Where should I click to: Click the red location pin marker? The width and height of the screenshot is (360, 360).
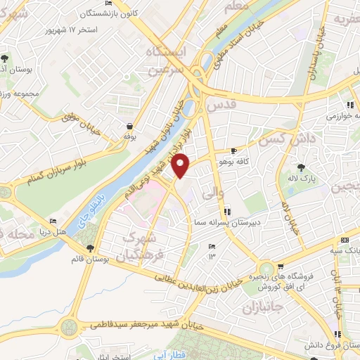181,166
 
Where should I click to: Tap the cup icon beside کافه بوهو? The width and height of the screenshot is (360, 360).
234,151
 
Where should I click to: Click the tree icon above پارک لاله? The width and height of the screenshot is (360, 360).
302,167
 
